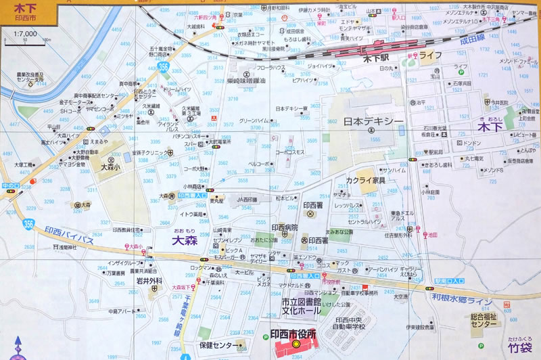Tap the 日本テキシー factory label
tap(373, 122)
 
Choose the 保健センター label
tap(221, 345)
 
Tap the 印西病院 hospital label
tap(285, 228)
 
